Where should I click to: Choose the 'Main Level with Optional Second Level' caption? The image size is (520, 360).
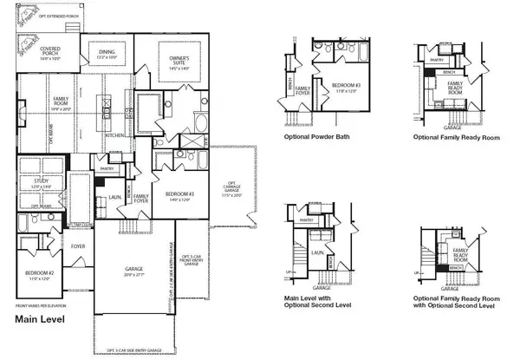[319, 302]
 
